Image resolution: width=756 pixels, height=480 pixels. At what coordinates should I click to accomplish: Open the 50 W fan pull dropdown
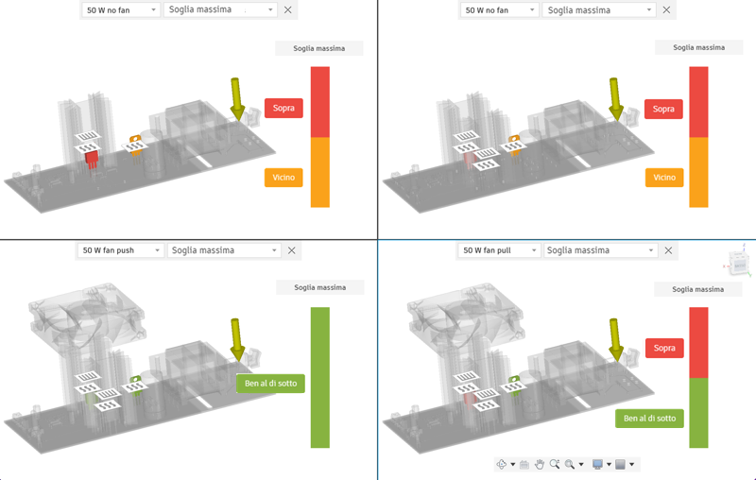click(x=499, y=250)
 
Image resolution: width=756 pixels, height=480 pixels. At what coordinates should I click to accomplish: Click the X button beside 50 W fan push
click(x=291, y=250)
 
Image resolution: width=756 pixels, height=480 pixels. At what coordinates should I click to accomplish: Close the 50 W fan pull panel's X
click(x=669, y=250)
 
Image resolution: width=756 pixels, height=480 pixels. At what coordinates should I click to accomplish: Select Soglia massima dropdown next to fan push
click(x=224, y=250)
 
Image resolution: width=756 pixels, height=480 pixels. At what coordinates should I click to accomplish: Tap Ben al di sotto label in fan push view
click(x=269, y=383)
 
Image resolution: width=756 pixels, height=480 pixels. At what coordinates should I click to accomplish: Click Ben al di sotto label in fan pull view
click(x=648, y=418)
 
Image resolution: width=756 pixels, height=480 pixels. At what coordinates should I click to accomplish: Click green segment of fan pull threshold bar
click(x=698, y=413)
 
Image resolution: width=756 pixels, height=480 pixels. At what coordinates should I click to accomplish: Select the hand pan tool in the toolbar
click(x=540, y=464)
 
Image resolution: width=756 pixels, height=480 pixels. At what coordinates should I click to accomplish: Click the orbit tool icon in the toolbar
click(x=502, y=464)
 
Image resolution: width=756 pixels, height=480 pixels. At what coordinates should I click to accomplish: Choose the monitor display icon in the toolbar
click(x=596, y=464)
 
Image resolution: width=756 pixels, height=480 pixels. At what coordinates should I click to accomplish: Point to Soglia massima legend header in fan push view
click(x=319, y=287)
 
